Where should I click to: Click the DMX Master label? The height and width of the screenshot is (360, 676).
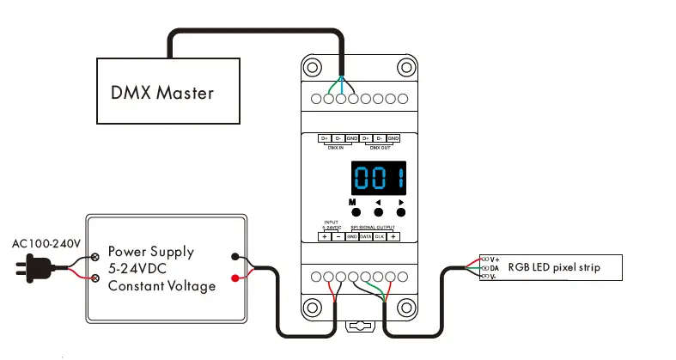point(162,92)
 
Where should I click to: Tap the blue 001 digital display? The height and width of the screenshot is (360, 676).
point(379,180)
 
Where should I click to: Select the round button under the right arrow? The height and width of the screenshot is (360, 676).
point(400,212)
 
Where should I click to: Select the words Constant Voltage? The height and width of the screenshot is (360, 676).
point(161,286)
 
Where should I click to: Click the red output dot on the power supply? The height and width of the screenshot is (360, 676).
point(235,278)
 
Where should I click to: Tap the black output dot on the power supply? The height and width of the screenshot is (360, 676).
point(235,256)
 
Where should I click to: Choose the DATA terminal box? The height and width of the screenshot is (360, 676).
point(365,235)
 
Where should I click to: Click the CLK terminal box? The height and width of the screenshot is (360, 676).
point(379,235)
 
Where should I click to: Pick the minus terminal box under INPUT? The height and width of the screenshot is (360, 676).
point(338,235)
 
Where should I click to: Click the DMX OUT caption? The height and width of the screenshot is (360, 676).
point(381,147)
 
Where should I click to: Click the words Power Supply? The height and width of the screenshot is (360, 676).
point(150,253)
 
